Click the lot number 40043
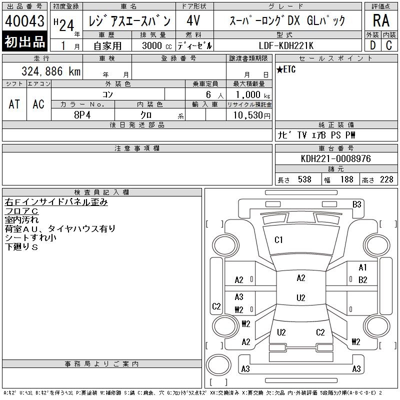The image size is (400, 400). [24, 21]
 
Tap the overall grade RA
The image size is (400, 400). [381, 20]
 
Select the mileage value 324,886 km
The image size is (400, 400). [51, 71]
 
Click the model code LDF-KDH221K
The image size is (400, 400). [286, 45]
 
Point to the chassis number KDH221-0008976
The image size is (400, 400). [335, 158]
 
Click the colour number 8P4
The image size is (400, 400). [82, 115]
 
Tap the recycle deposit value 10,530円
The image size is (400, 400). [251, 115]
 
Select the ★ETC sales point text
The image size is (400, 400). [286, 69]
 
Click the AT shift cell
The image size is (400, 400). [14, 104]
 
